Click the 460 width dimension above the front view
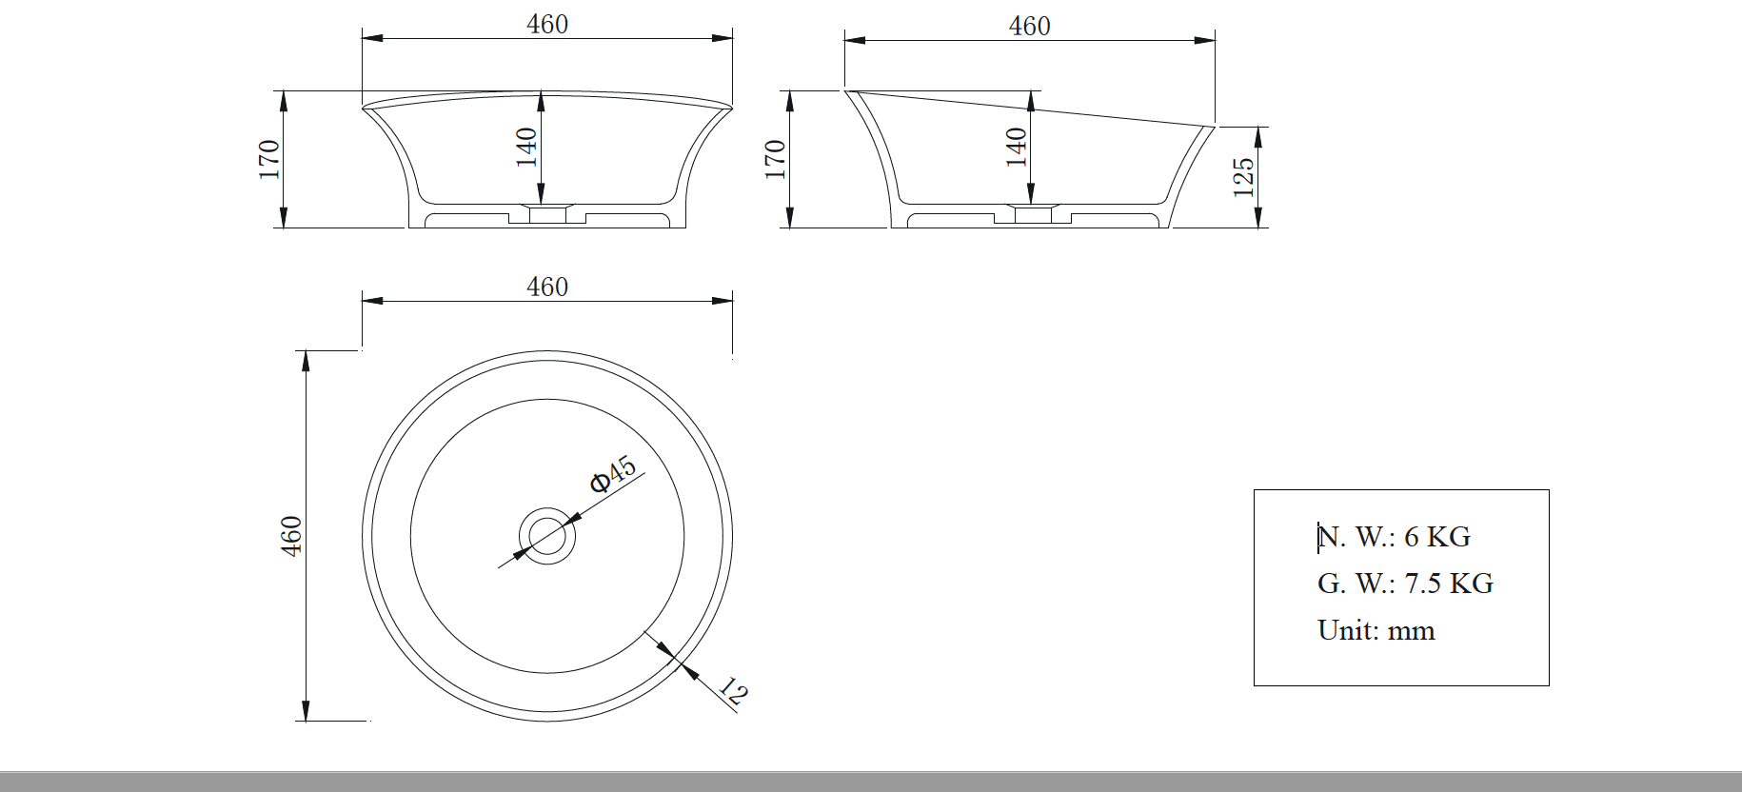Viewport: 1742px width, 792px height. (547, 25)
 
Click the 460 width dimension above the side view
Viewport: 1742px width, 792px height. (1029, 27)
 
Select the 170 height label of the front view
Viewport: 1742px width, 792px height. (269, 159)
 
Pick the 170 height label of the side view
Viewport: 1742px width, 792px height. (775, 159)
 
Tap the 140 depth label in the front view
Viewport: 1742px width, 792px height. (526, 148)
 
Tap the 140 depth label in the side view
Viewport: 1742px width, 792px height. (1017, 148)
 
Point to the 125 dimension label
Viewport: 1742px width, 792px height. (1243, 177)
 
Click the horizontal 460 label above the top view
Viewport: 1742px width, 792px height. (547, 287)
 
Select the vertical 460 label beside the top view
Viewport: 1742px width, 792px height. (291, 536)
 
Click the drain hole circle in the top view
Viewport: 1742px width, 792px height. (547, 536)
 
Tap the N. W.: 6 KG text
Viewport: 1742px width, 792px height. (1395, 537)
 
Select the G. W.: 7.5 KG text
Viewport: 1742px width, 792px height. (1405, 584)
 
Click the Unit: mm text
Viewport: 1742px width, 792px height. (1376, 630)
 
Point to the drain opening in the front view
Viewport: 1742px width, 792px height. (547, 213)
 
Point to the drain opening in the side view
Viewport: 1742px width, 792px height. (1034, 213)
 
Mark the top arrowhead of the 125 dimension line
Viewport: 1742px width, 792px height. (1258, 134)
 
